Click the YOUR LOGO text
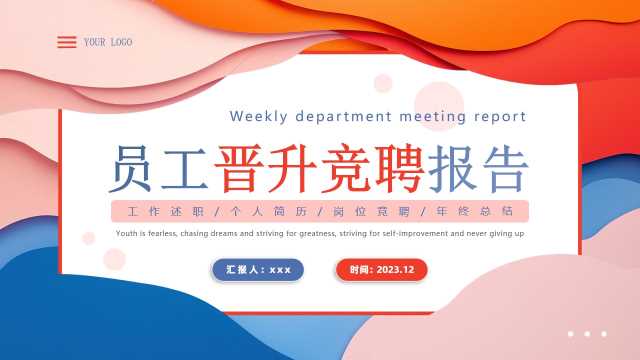(x=108, y=42)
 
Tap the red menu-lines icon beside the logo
(x=67, y=42)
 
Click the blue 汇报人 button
(x=258, y=269)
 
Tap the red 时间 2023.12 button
(x=381, y=269)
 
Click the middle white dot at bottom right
(x=587, y=334)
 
